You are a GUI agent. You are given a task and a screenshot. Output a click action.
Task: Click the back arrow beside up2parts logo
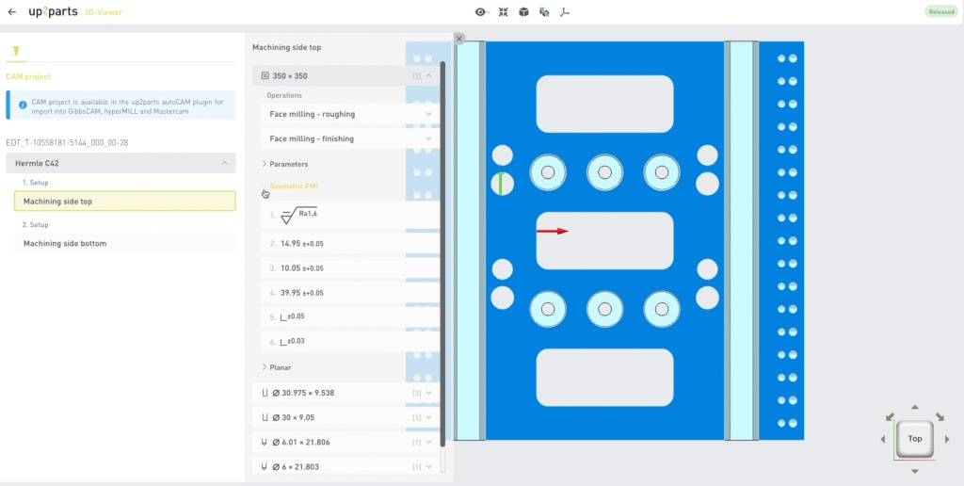12,11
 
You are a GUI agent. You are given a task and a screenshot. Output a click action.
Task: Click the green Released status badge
941,11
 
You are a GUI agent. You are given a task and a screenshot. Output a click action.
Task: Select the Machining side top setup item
125,202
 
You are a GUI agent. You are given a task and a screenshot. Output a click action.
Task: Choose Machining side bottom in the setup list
125,244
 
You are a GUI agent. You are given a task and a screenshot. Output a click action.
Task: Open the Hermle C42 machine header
121,163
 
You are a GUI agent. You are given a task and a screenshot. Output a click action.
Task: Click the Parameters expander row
285,164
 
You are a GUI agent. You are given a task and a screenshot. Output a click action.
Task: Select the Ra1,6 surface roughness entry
350,216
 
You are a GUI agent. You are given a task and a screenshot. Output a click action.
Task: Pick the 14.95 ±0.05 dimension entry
350,244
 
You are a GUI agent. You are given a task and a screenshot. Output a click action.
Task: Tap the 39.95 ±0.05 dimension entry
350,293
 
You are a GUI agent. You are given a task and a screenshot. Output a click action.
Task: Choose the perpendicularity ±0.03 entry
350,342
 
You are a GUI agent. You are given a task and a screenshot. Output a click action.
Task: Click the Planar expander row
277,367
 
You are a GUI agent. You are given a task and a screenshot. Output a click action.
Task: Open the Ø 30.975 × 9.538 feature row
346,393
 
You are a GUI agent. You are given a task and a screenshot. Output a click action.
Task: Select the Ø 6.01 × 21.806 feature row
346,442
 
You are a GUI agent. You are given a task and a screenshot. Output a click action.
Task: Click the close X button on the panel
459,39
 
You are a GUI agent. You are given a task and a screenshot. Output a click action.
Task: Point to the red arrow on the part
552,232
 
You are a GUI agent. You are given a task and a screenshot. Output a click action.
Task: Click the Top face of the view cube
915,439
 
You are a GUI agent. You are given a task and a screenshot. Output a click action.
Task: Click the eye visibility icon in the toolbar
481,11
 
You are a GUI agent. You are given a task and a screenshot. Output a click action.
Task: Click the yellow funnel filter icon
16,51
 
